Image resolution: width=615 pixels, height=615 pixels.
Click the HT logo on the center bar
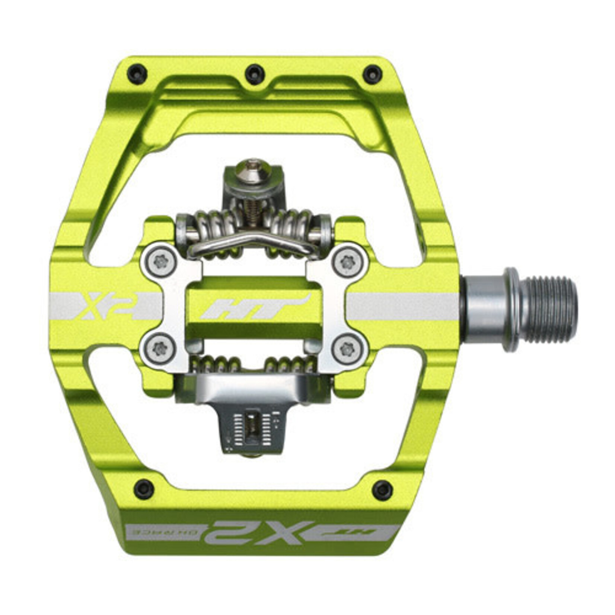pos(255,307)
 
